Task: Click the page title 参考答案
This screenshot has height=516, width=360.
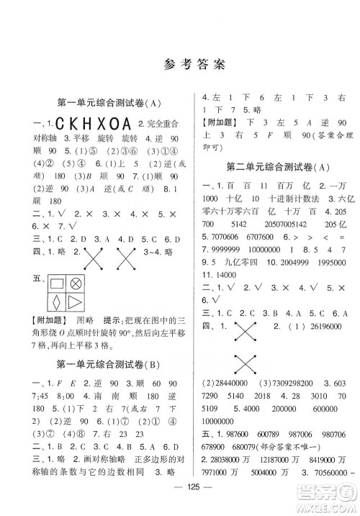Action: click(x=180, y=63)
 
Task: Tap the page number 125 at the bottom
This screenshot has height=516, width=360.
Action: click(x=180, y=501)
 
